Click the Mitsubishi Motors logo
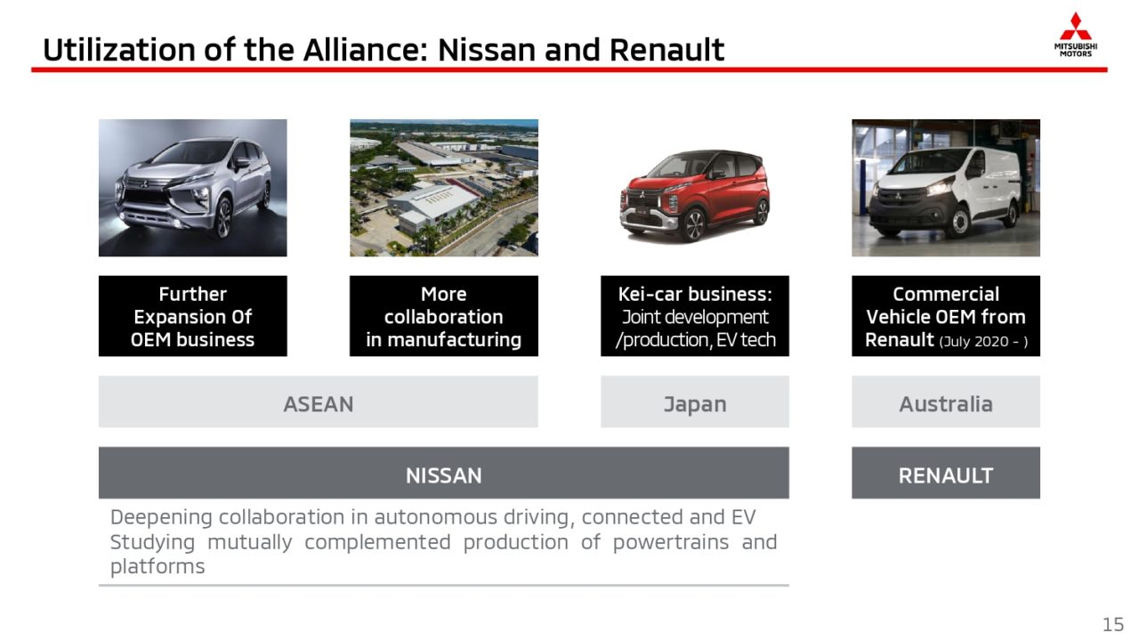tap(1075, 35)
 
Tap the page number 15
tap(1112, 624)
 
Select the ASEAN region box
tap(319, 402)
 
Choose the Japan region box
tap(695, 402)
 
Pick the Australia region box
tap(946, 402)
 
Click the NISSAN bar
tap(444, 473)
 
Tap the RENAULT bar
tap(946, 473)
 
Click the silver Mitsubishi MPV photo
tap(193, 188)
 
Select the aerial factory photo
tap(444, 188)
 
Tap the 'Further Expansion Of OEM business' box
tap(193, 316)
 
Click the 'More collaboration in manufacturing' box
tap(444, 316)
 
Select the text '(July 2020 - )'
tap(983, 341)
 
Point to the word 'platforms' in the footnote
tap(158, 567)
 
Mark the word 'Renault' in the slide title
tap(666, 50)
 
